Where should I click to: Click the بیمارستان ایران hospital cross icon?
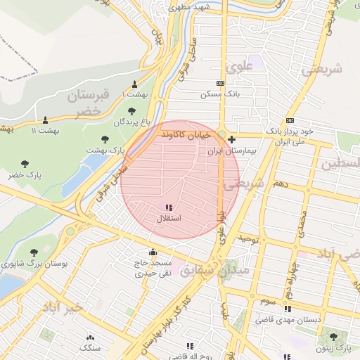232,140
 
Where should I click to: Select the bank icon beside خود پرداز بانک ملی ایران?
290,121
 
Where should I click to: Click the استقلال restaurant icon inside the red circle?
168,207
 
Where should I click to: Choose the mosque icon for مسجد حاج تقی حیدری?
153,252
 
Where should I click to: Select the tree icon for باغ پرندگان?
132,110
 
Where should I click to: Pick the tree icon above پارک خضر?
25,164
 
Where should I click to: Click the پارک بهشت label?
105,150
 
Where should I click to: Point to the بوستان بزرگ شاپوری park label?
34,264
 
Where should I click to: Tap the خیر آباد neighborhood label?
63,307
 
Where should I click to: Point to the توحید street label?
249,239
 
